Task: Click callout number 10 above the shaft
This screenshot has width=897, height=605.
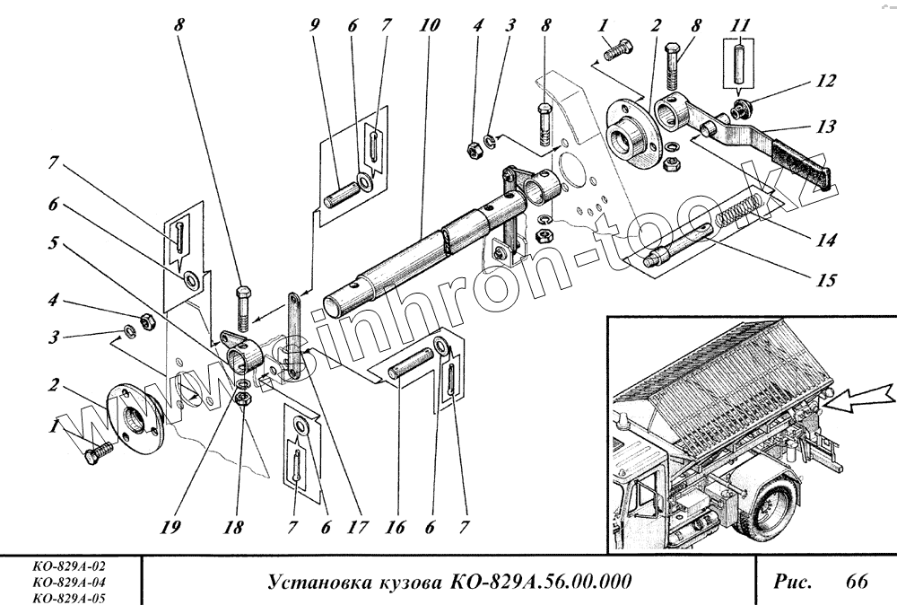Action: (428, 25)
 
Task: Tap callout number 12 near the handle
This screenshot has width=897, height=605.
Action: (825, 81)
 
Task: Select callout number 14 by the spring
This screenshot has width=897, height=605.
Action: (825, 240)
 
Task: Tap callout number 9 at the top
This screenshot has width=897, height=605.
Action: (315, 25)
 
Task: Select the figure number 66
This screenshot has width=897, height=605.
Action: (856, 583)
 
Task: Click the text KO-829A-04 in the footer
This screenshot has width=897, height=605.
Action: (68, 583)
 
